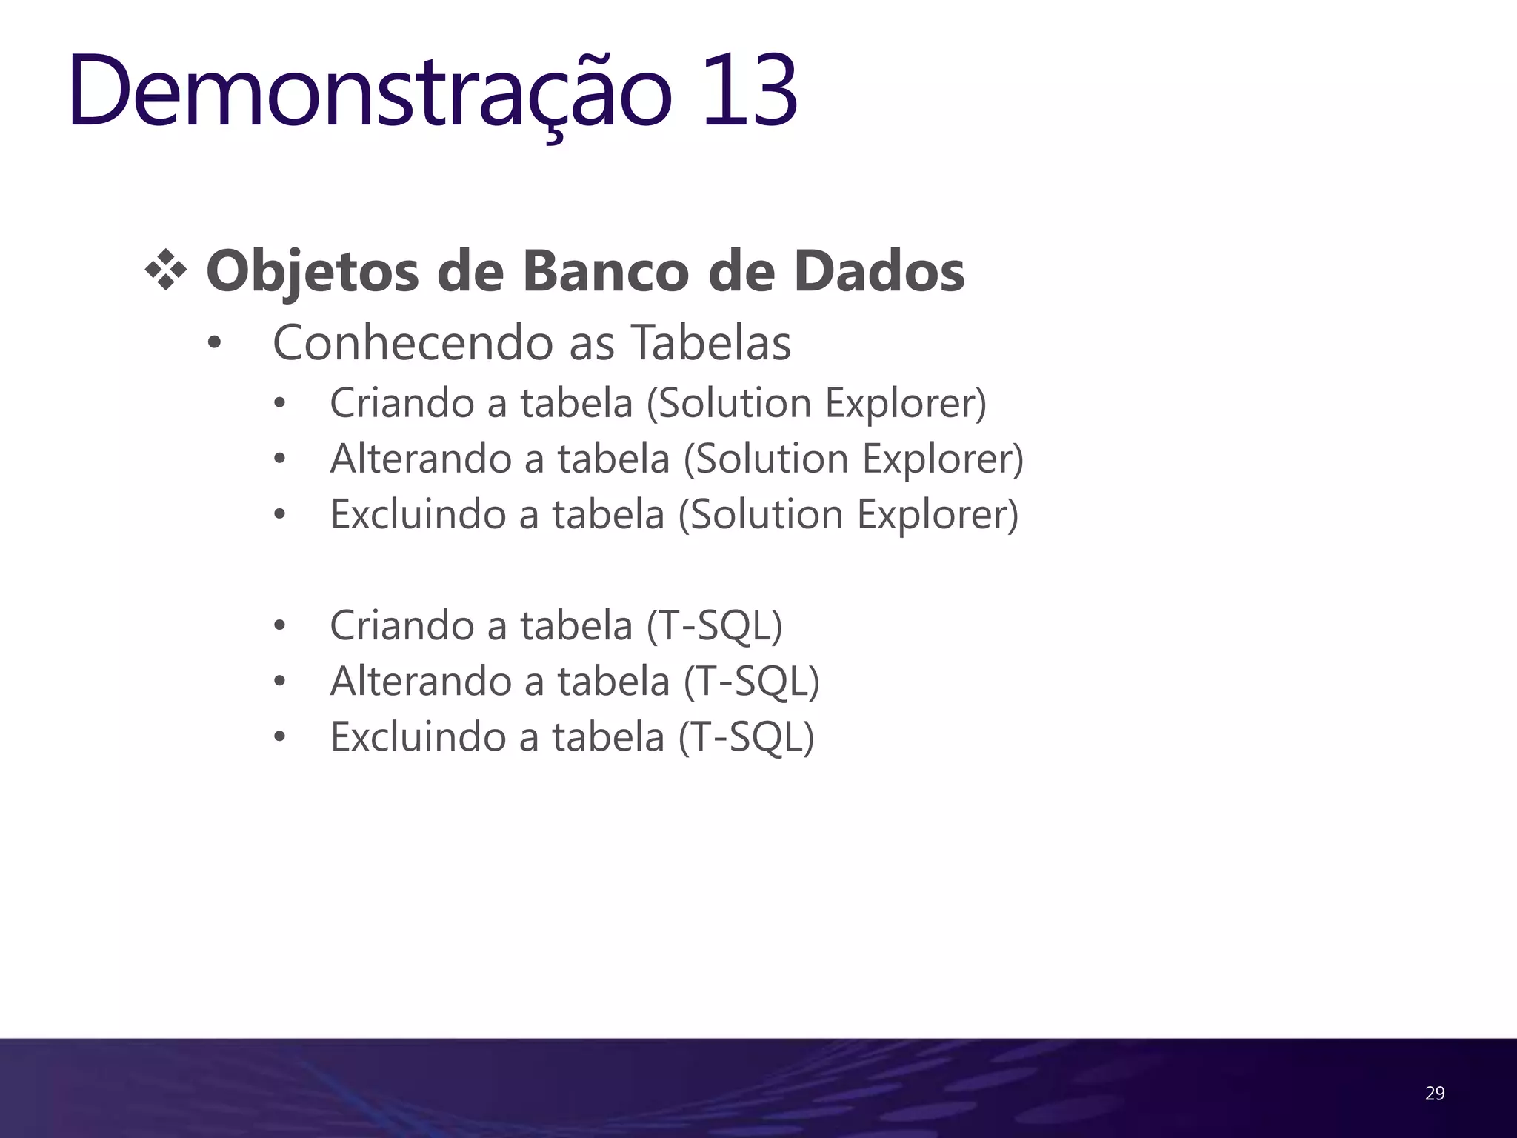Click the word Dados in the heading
pos(878,271)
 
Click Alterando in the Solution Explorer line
pos(421,459)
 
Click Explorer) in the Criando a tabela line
pos(905,404)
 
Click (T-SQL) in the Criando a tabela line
pos(714,625)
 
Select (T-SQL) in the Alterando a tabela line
pos(751,681)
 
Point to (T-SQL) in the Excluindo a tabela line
pos(746,736)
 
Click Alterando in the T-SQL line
pos(421,681)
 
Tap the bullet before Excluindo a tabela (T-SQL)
pos(279,738)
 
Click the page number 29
pos(1434,1093)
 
